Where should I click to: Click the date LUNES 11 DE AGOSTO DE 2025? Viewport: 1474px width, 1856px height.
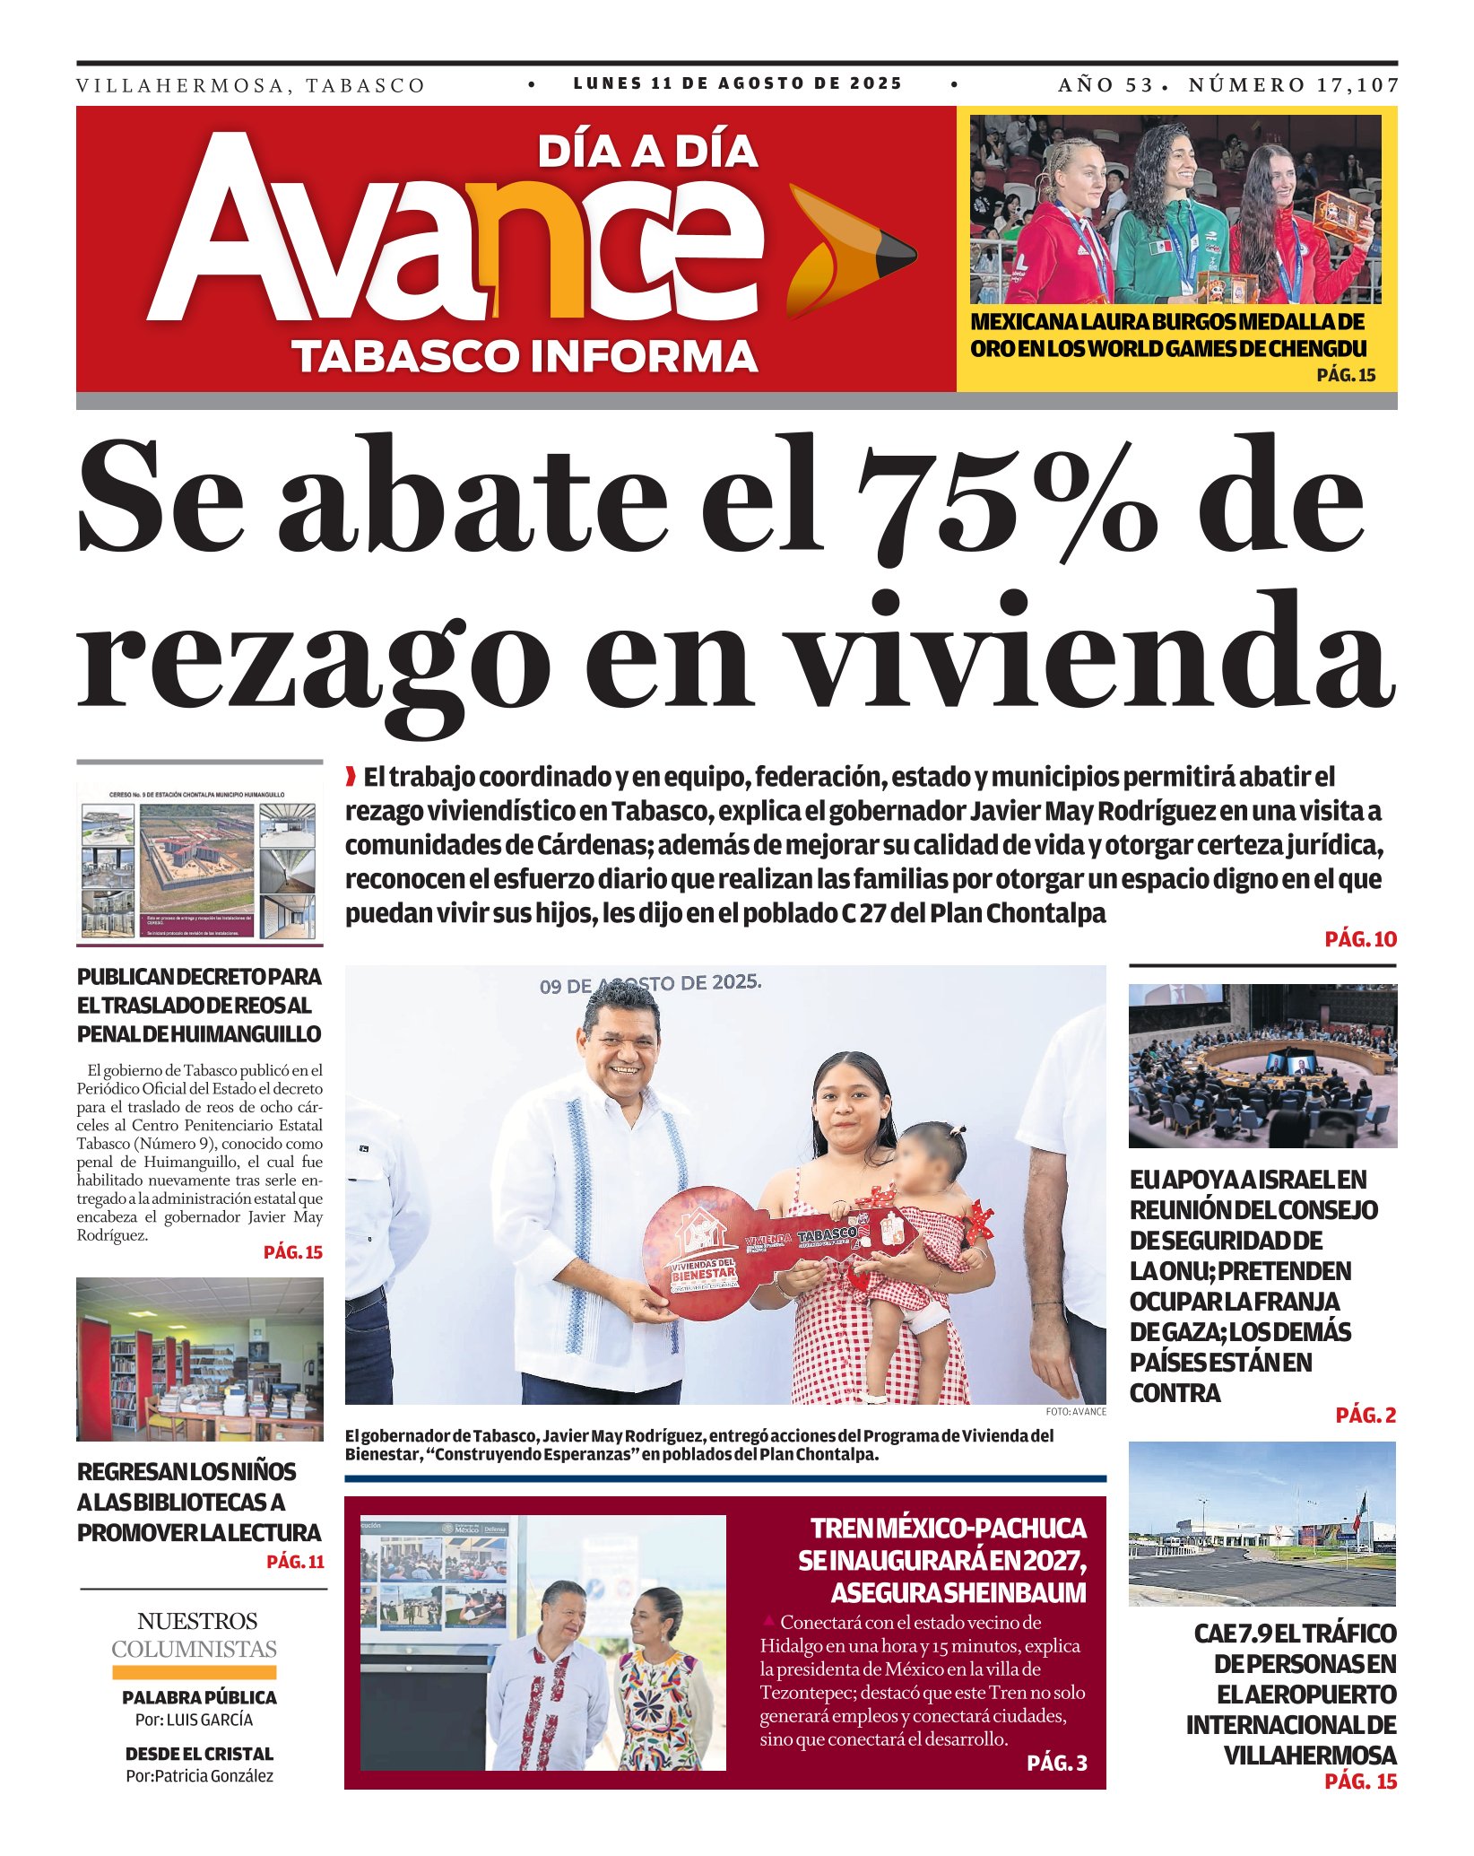tap(737, 83)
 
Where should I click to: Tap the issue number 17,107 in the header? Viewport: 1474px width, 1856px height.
tap(1357, 85)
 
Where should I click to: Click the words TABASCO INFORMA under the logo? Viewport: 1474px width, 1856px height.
tap(525, 356)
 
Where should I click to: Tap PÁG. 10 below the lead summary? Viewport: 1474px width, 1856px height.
tap(1360, 939)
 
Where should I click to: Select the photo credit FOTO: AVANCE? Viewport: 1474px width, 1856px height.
tap(1075, 1412)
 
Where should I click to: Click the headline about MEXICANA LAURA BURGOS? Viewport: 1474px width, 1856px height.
tap(1167, 335)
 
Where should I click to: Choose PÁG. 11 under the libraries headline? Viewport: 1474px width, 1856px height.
tap(295, 1562)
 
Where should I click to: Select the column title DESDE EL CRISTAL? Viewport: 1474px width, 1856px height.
tap(199, 1754)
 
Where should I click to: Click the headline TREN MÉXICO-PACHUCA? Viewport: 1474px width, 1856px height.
tap(948, 1529)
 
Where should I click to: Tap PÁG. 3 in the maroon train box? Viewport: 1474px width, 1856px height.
tap(1056, 1763)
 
